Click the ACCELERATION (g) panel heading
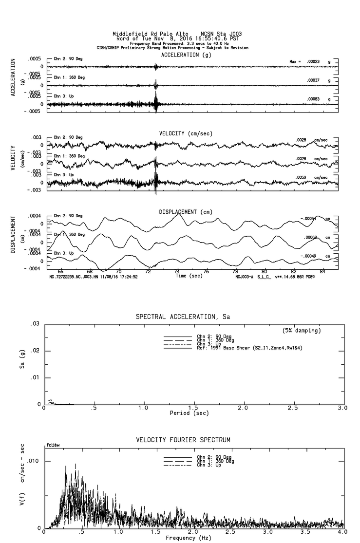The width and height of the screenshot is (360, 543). pyautogui.click(x=180, y=55)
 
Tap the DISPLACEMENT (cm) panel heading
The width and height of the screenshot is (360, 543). pyautogui.click(x=186, y=212)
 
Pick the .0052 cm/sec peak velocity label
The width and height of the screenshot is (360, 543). pyautogui.click(x=301, y=177)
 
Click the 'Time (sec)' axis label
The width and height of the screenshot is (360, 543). pyautogui.click(x=189, y=276)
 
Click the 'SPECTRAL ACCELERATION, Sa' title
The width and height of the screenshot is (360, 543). pyautogui.click(x=183, y=317)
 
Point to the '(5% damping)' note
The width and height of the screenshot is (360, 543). pyautogui.click(x=302, y=331)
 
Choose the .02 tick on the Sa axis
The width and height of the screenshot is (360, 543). pyautogui.click(x=36, y=351)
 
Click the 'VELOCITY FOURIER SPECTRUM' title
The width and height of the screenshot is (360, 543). pyautogui.click(x=183, y=440)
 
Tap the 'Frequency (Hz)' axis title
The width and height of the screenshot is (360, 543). pyautogui.click(x=189, y=538)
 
